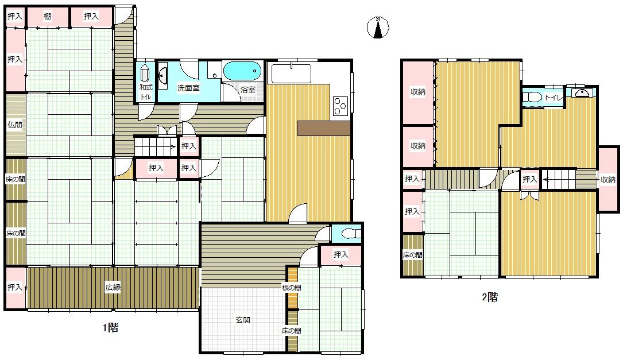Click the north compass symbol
(378, 28)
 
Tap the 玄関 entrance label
(243, 320)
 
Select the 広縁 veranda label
(113, 287)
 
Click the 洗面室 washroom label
(188, 88)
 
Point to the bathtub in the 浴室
(242, 71)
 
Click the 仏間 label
(15, 125)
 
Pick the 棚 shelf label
(47, 16)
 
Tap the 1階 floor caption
(110, 328)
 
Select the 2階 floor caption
(490, 297)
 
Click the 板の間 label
(292, 287)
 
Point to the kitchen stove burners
(340, 106)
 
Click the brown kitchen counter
(324, 129)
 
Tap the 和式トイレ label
(146, 92)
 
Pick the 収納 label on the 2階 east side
(608, 180)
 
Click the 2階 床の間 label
(413, 255)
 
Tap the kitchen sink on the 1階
(291, 73)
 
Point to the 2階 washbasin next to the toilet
(581, 92)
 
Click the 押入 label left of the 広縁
(15, 287)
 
